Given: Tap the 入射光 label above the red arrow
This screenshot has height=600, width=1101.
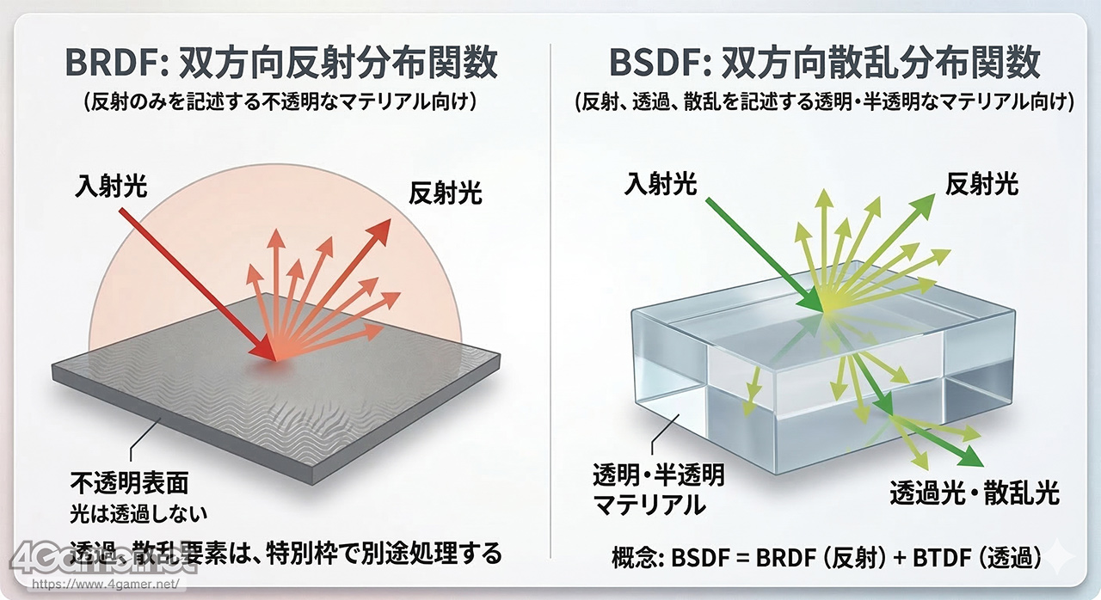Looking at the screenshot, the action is point(111,186).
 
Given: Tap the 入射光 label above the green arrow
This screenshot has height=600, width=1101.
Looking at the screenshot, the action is point(660,184).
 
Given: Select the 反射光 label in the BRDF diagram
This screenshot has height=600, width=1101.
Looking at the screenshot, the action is point(446,193).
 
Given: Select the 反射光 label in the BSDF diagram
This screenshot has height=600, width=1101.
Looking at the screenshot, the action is point(982,185).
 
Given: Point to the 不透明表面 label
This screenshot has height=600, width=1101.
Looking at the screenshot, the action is point(130,483).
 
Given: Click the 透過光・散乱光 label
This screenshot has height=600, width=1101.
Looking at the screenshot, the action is point(975,493).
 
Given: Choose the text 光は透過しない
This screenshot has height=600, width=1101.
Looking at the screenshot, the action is point(138,514).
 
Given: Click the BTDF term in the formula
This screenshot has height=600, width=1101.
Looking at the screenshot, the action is point(940,557).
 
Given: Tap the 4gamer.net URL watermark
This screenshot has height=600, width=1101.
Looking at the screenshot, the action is point(106,584).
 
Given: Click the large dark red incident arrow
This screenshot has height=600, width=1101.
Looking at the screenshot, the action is point(198,285).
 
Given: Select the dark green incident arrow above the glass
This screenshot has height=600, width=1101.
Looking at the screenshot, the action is point(765,254).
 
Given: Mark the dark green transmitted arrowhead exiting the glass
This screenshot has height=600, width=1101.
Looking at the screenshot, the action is point(971,457).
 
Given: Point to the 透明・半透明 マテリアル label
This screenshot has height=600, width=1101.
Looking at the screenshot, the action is point(659,489).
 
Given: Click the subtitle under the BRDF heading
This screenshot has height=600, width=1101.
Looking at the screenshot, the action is point(280,102).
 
